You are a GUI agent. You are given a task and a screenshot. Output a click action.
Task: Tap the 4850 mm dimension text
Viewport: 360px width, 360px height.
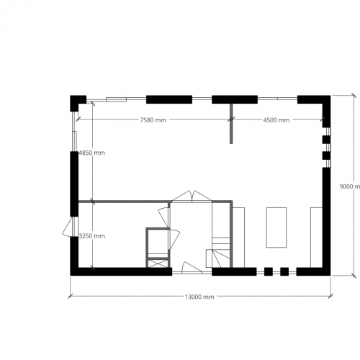pos(93,153)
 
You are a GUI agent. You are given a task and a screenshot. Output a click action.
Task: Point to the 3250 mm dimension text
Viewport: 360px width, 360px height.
pos(93,236)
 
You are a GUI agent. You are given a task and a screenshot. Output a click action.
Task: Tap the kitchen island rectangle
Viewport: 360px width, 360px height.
pos(276,228)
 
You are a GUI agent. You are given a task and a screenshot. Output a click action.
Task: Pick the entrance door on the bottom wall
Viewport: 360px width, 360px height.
pos(192,266)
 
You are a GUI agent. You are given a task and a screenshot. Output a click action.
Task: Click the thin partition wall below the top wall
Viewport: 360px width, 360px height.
pos(231,122)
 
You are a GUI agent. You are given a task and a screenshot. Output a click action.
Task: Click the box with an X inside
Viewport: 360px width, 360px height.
pos(157,264)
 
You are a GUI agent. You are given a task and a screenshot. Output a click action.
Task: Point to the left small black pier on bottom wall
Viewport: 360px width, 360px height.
pos(267,271)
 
